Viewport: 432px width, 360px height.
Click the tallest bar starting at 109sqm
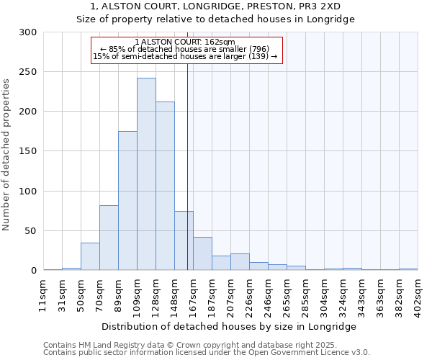[146, 174]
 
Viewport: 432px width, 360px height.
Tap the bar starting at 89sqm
[127, 200]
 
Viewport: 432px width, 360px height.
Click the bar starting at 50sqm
[90, 256]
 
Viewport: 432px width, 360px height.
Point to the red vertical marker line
[187, 151]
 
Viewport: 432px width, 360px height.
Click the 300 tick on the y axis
[28, 32]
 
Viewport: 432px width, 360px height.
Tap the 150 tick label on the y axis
[28, 151]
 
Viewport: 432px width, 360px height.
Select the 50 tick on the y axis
[31, 231]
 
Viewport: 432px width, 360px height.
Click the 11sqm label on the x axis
[44, 292]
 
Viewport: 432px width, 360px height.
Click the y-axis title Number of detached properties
[6, 151]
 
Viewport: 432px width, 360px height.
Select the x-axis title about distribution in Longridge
[230, 326]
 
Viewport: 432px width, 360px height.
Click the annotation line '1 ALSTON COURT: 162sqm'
[185, 42]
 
